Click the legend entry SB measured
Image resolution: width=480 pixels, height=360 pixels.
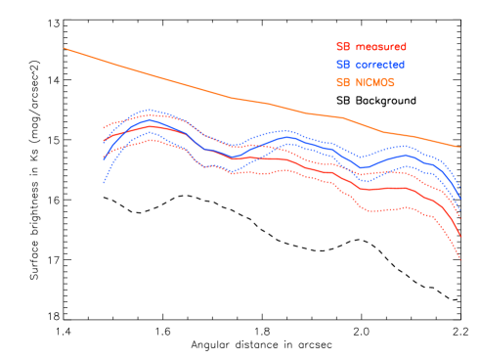tap(371, 47)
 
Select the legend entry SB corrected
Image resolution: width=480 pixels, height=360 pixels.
tap(371, 65)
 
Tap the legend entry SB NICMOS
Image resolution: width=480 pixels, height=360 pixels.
tap(366, 82)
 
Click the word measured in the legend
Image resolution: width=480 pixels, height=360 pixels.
tap(381, 47)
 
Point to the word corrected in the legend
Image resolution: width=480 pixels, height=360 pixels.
tap(380, 65)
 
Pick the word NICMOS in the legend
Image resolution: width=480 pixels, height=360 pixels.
tap(375, 82)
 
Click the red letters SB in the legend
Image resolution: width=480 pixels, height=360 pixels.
tap(343, 47)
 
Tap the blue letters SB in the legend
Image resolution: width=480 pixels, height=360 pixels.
tap(343, 65)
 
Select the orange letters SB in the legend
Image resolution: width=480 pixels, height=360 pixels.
tap(343, 82)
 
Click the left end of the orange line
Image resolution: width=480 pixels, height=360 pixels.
tap(65, 48)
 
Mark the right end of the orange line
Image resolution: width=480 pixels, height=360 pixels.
tap(459, 147)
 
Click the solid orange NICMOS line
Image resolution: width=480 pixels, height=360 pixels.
tap(235, 98)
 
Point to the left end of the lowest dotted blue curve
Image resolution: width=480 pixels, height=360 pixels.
tap(104, 182)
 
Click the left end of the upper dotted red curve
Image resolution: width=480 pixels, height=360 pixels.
tap(104, 128)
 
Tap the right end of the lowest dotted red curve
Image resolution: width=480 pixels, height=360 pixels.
tap(459, 260)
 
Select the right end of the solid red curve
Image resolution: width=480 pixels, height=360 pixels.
tap(459, 236)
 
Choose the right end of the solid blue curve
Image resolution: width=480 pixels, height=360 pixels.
tap(459, 202)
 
